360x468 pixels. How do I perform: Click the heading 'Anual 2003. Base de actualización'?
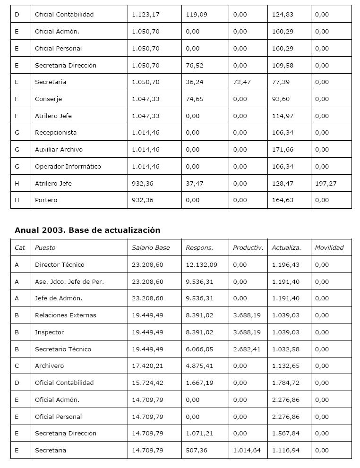[x=87, y=230]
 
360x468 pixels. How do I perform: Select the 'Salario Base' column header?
[x=150, y=247]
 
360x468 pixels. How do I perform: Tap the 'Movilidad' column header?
[x=329, y=247]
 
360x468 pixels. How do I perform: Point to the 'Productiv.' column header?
[x=248, y=247]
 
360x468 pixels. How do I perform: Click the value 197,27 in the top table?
[x=326, y=183]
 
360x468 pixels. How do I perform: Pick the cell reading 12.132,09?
[x=201, y=264]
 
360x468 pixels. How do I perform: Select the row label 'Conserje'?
[x=48, y=99]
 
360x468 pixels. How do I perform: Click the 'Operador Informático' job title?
[x=68, y=166]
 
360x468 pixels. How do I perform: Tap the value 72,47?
[x=241, y=82]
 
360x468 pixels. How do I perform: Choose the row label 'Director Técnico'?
[x=60, y=264]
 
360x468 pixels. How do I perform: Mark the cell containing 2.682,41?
[x=246, y=349]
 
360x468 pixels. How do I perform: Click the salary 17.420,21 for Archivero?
[x=147, y=366]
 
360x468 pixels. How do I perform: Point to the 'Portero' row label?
[x=46, y=200]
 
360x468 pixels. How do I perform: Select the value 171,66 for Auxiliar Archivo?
[x=283, y=150]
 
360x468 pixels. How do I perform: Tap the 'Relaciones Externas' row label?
[x=65, y=315]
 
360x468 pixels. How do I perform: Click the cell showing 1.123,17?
[x=146, y=15]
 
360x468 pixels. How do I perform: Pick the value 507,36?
[x=196, y=450]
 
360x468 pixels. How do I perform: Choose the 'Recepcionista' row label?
[x=55, y=133]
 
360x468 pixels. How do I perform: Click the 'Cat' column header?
[x=20, y=247]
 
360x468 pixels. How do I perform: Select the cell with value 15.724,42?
[x=147, y=383]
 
